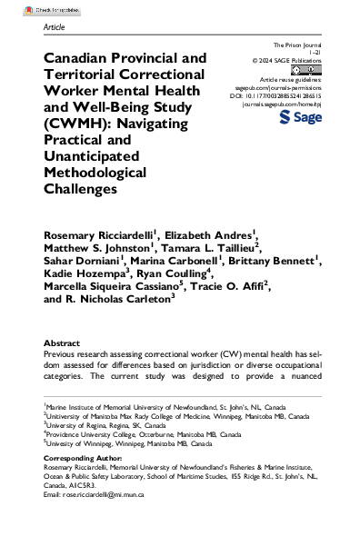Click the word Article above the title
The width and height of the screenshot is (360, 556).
click(x=55, y=28)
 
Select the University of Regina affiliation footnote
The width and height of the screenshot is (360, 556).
click(x=99, y=448)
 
